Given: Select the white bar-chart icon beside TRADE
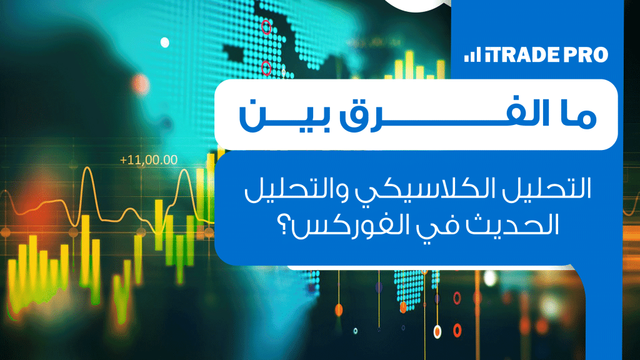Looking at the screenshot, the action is coord(472,55).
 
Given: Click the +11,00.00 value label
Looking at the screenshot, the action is coord(149,159).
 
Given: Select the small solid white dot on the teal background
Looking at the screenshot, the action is coord(165,42).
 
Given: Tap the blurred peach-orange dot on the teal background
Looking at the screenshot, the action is coord(140,84).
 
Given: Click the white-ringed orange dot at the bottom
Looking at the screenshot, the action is coord(437,331).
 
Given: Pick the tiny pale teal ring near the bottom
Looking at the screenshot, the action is coord(355,331).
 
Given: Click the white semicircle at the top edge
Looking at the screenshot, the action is coord(416,6).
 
